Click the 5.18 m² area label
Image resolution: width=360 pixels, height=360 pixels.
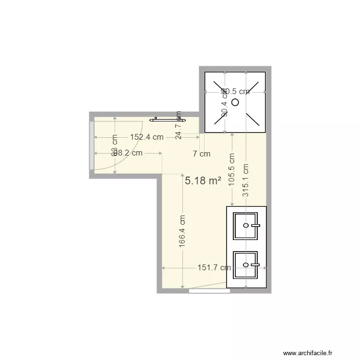pyautogui.click(x=203, y=181)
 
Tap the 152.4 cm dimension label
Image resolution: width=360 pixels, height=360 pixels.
pyautogui.click(x=146, y=137)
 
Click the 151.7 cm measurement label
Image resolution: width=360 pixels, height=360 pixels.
pyautogui.click(x=214, y=268)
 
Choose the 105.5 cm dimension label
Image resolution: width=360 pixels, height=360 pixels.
pyautogui.click(x=232, y=170)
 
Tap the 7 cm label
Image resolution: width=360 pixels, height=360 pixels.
pyautogui.click(x=202, y=154)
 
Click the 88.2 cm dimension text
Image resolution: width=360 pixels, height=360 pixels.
pyautogui.click(x=128, y=153)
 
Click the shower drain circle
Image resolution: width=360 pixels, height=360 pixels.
pyautogui.click(x=235, y=102)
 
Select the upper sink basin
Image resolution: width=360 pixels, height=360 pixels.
pyautogui.click(x=245, y=226)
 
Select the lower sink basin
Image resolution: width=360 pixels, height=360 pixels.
pyautogui.click(x=245, y=265)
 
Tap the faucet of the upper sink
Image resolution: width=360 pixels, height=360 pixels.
pyautogui.click(x=255, y=225)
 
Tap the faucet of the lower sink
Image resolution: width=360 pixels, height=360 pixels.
pyautogui.click(x=255, y=264)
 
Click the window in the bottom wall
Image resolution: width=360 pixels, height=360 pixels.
pyautogui.click(x=208, y=290)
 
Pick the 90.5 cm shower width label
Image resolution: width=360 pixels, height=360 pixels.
pyautogui.click(x=235, y=91)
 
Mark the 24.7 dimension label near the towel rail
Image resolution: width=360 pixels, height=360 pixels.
pyautogui.click(x=179, y=129)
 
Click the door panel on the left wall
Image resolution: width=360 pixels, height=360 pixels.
pyautogui.click(x=91, y=145)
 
